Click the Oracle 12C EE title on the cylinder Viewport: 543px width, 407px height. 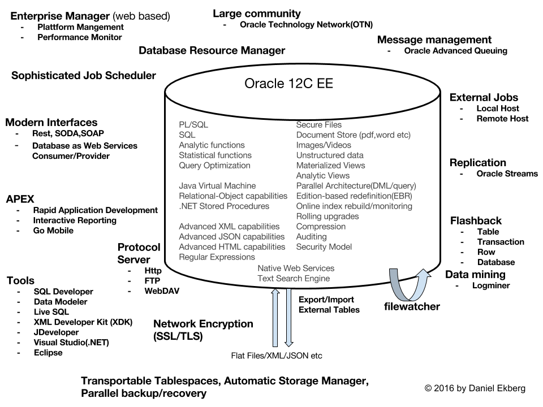pos(288,84)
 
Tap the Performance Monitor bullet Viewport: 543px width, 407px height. pos(79,37)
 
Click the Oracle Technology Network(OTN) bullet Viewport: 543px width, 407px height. pos(306,24)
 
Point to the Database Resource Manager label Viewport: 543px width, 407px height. pos(212,51)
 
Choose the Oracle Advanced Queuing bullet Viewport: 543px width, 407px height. pos(455,50)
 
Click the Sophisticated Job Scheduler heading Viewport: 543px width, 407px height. pos(84,75)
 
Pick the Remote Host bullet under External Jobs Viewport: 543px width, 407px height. pos(502,119)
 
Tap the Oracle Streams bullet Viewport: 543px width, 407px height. pos(507,174)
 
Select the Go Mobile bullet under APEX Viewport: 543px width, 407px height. pos(53,231)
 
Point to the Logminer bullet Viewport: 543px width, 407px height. pos(491,285)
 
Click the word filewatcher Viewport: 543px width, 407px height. pos(412,307)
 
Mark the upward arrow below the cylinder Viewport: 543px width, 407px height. pos(275,316)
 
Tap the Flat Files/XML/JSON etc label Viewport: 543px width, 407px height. pos(277,356)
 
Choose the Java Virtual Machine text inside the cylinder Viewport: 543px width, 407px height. pos(217,185)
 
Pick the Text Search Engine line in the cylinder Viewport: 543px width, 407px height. pos(293,278)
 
